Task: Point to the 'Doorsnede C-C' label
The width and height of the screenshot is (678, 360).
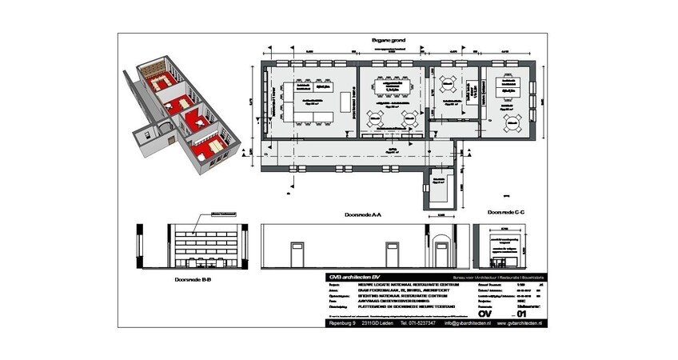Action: point(505,211)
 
